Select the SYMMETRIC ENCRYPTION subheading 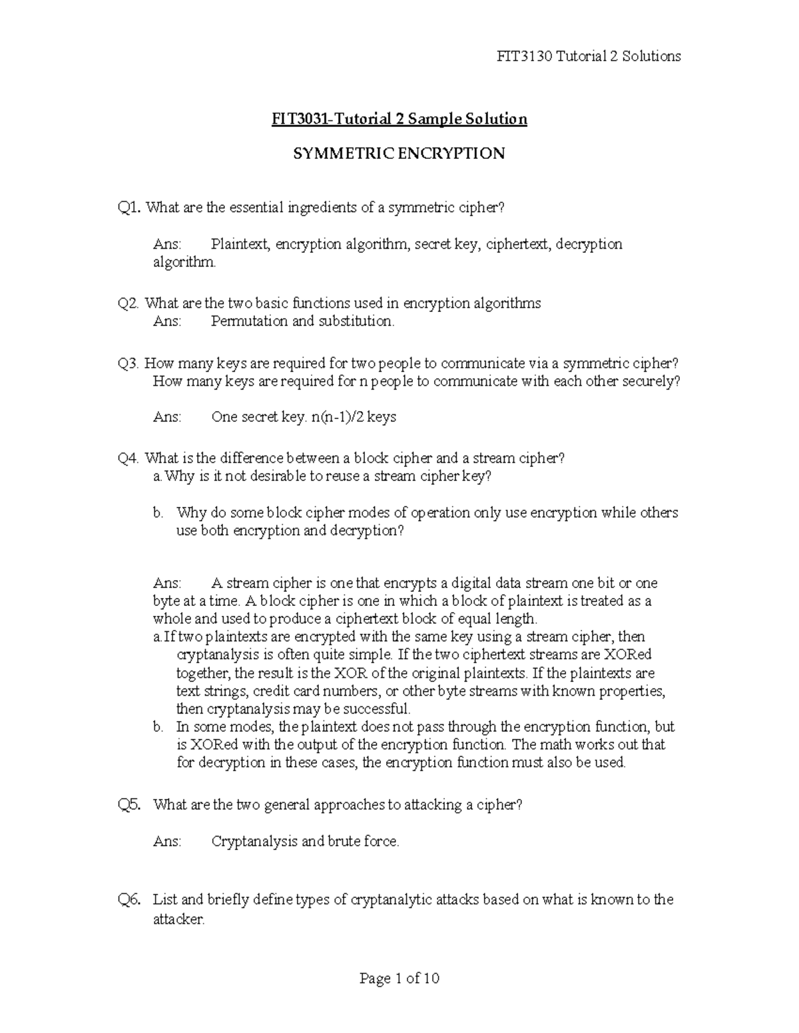(399, 154)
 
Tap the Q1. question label (129, 208)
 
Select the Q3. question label (129, 364)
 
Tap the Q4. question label (129, 458)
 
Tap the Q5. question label (129, 805)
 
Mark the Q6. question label (129, 900)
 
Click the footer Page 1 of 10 (399, 978)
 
